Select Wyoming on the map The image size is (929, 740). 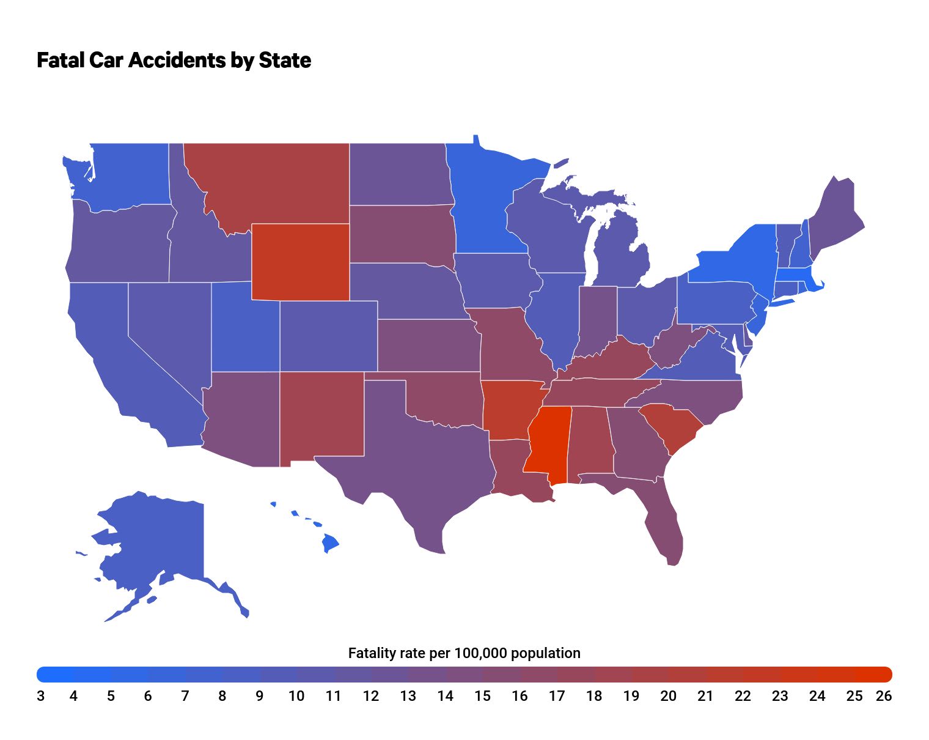point(300,262)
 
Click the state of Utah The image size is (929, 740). point(244,330)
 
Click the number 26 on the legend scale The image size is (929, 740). point(884,696)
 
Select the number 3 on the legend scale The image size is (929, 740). point(40,696)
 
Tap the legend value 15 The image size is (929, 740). point(482,696)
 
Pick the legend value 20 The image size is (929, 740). point(668,696)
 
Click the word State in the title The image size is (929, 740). point(285,60)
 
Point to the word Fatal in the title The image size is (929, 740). point(60,60)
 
